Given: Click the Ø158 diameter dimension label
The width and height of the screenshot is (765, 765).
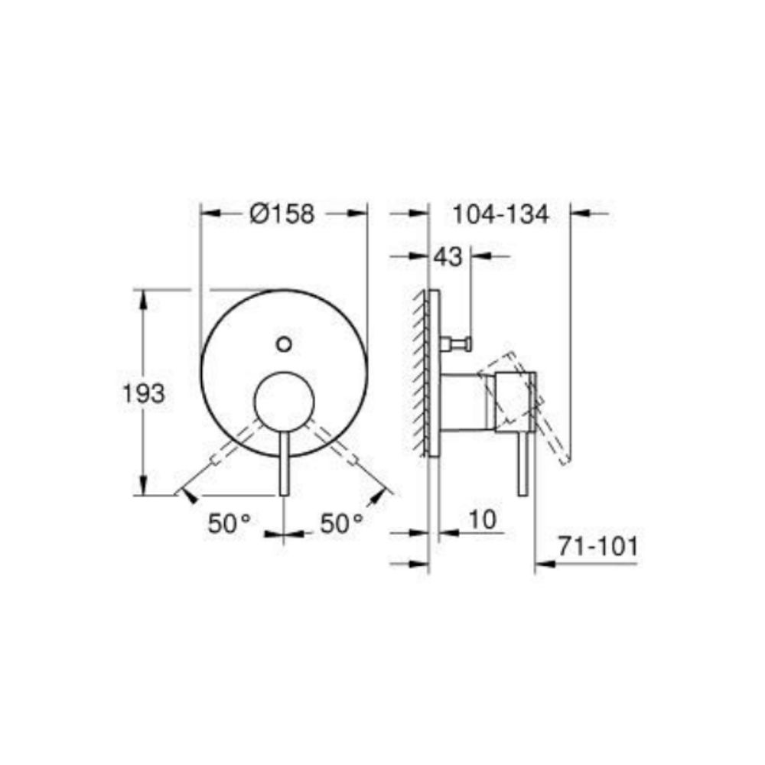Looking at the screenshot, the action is click(x=282, y=213).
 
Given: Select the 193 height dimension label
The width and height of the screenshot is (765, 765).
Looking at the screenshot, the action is click(x=144, y=394).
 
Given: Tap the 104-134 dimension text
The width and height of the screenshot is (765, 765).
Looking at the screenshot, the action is click(x=501, y=215).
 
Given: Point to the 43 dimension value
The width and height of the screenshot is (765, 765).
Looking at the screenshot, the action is click(x=448, y=256).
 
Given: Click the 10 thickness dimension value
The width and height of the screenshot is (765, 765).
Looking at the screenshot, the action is click(x=482, y=519).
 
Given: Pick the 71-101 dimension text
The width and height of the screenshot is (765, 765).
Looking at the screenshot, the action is click(x=598, y=546).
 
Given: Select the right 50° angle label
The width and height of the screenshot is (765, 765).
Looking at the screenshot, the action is click(x=341, y=524).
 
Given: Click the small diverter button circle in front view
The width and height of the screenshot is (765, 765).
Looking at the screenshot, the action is click(x=284, y=344).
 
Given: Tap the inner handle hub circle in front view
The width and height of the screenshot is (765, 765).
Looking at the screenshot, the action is click(x=284, y=402).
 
